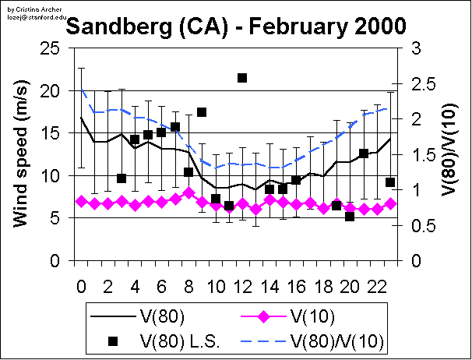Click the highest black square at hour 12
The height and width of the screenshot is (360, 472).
242,78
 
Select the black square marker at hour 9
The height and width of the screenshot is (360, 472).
202,112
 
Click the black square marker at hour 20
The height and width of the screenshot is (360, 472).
350,216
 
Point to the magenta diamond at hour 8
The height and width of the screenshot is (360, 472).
188,193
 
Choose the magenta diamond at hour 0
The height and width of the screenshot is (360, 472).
81,201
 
